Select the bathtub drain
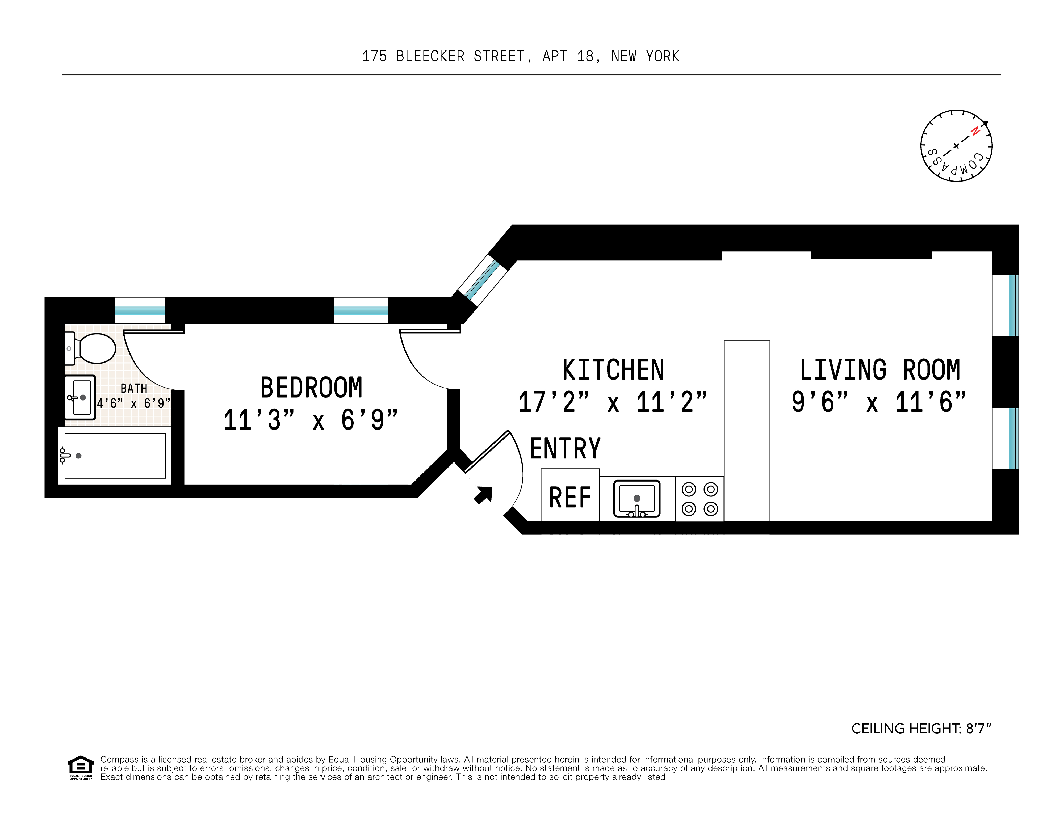point(78,456)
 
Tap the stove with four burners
point(699,499)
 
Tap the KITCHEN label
point(613,370)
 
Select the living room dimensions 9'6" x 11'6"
point(878,402)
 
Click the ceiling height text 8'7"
point(978,729)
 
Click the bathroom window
point(140,310)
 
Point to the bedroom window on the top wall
point(361,310)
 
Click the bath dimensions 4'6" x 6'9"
point(133,403)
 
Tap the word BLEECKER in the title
point(430,57)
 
